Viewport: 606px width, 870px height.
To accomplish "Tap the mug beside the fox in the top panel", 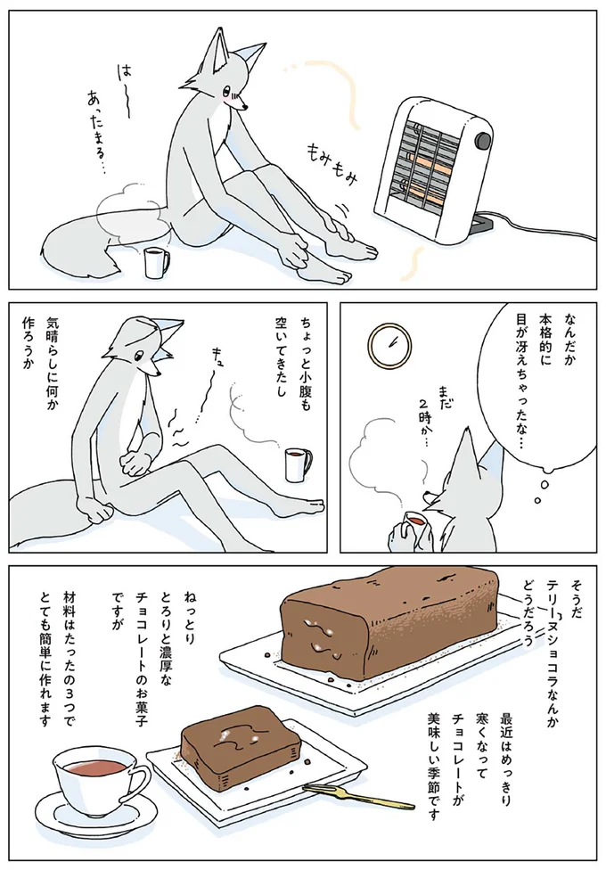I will pyautogui.click(x=157, y=262).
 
